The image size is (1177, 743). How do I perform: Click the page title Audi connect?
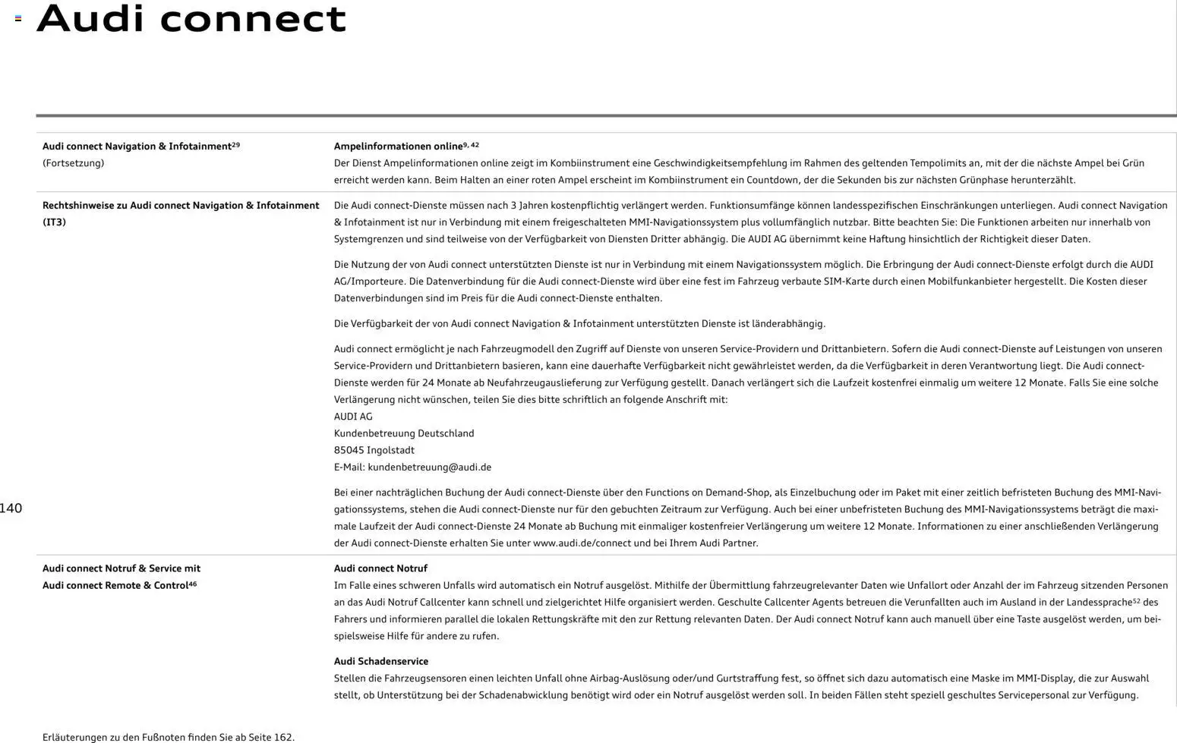(x=191, y=18)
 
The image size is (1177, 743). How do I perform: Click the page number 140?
(x=11, y=508)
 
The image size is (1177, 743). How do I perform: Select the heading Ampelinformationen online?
(x=398, y=146)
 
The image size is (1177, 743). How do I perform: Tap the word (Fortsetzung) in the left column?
(x=73, y=163)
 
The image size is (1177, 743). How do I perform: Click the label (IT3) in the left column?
(x=54, y=222)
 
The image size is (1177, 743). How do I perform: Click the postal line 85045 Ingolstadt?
(x=374, y=450)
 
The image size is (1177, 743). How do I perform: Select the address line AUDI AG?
(x=353, y=417)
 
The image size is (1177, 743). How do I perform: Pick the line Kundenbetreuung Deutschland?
(x=403, y=433)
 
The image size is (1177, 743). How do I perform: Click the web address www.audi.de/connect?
(x=582, y=543)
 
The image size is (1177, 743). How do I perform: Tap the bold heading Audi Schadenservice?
(x=380, y=662)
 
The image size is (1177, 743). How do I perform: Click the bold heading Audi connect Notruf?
(x=380, y=568)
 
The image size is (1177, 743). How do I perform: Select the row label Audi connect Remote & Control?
(x=115, y=586)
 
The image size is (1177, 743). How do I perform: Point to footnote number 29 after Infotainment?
(x=235, y=144)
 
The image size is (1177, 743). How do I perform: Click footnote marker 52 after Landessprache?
(x=1136, y=601)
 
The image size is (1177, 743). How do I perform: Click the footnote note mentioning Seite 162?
(x=168, y=737)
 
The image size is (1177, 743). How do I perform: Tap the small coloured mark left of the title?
(x=18, y=18)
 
